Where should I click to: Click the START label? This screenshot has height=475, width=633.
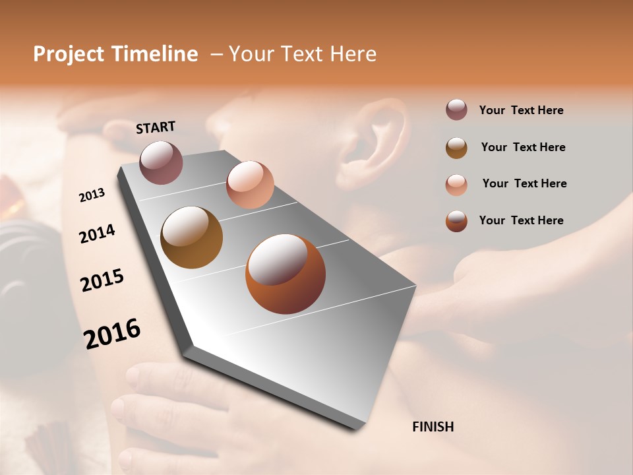(x=156, y=127)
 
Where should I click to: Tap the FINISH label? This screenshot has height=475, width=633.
(x=433, y=427)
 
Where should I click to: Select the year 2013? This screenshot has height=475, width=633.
(x=92, y=195)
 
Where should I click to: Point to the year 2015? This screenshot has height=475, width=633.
(x=102, y=280)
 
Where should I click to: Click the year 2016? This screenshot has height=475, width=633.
(x=112, y=334)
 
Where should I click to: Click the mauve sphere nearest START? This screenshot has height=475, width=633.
(x=162, y=162)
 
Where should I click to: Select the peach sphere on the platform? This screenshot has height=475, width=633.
(x=250, y=184)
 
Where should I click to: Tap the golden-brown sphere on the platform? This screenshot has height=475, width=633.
(x=192, y=237)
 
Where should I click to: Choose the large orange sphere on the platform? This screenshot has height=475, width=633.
(x=285, y=274)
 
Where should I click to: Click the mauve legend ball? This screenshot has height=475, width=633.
(x=456, y=110)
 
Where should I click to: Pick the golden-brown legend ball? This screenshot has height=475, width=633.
(x=456, y=147)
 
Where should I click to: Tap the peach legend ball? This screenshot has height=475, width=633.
(x=456, y=184)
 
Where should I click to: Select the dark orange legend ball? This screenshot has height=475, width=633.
(x=456, y=221)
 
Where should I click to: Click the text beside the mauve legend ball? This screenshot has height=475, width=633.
(x=521, y=110)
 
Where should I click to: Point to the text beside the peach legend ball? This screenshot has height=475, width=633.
(x=524, y=183)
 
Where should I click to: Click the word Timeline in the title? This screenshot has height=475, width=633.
(x=155, y=54)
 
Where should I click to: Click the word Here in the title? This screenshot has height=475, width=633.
(x=353, y=54)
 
